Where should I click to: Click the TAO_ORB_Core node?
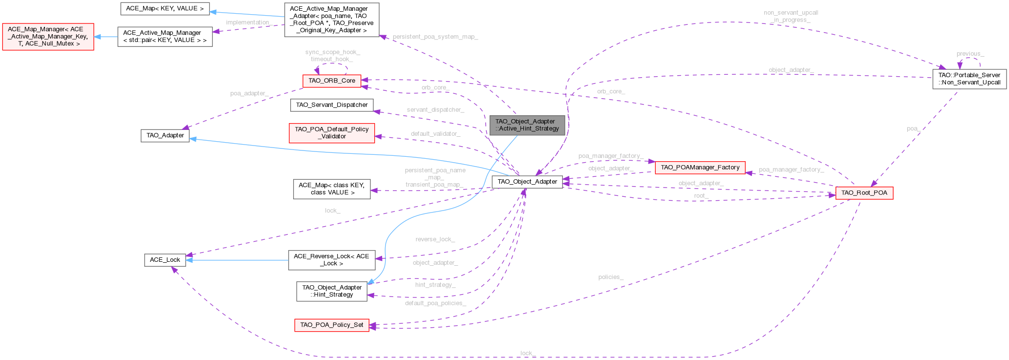coord(332,81)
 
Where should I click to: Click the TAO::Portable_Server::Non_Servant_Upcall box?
coord(969,79)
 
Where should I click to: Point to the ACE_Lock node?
coord(165,260)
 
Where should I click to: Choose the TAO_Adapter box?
coord(165,135)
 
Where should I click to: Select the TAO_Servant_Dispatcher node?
coord(332,105)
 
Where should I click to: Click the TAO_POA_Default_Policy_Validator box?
coord(332,133)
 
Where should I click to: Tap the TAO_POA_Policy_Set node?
coord(331,325)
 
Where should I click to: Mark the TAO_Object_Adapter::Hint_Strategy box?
coord(331,291)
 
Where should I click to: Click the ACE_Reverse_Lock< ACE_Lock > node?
coord(331,260)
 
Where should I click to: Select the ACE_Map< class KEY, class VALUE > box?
coord(332,189)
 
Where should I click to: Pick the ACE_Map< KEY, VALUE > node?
coord(165,8)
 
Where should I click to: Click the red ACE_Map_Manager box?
coord(48,37)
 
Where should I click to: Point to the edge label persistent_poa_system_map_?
coord(435,37)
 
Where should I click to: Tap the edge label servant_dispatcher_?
coord(435,110)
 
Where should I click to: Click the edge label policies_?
coord(611,277)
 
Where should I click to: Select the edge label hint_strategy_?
coord(435,285)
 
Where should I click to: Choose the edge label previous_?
coord(970,54)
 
